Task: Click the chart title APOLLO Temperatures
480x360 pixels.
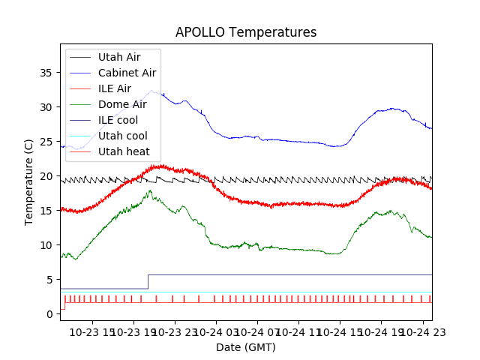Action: point(246,32)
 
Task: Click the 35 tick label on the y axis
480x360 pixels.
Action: point(46,73)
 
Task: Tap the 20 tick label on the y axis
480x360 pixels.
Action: point(46,176)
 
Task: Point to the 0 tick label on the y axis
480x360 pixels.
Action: point(49,314)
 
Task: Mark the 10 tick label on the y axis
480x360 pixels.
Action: point(46,245)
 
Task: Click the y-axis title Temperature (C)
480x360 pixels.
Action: point(29,182)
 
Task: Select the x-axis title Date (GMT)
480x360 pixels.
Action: point(246,347)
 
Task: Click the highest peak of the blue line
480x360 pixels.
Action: point(152,91)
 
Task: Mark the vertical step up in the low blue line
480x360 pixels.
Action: point(148,281)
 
